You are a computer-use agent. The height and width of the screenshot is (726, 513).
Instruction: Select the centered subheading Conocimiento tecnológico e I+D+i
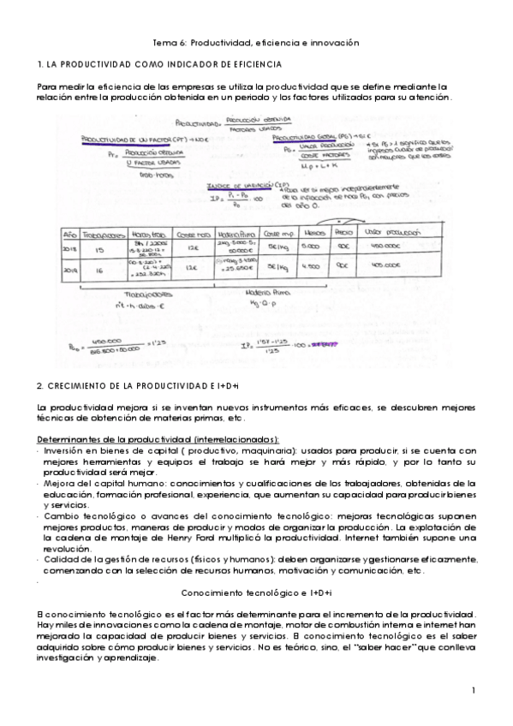pos(257,592)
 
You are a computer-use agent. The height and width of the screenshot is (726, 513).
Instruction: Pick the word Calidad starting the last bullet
pos(62,559)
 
